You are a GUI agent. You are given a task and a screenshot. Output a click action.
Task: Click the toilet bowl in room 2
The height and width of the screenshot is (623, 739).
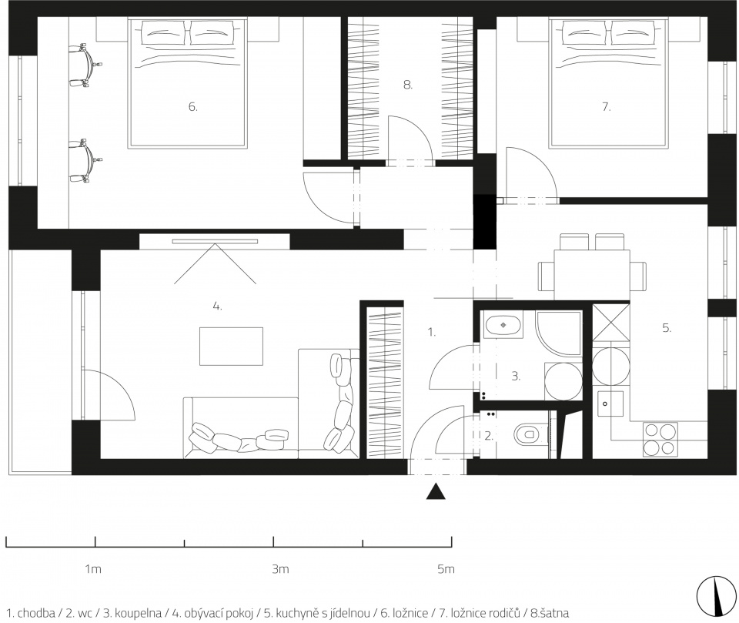coord(526,434)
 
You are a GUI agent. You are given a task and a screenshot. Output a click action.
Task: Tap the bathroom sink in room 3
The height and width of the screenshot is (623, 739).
coord(503,324)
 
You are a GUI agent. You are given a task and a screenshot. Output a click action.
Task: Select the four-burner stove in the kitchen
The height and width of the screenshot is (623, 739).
coord(660,440)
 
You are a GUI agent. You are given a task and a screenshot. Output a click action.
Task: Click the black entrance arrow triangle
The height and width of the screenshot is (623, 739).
coord(436,491)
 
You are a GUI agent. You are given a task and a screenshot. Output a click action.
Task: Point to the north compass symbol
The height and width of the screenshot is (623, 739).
coord(717,595)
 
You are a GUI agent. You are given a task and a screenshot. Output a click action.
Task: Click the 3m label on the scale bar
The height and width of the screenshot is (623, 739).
coord(280,569)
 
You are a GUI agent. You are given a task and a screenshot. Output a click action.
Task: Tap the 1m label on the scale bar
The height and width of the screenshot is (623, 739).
coord(93,569)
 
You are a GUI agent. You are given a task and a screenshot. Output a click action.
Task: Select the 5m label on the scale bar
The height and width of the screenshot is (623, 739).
coord(446,569)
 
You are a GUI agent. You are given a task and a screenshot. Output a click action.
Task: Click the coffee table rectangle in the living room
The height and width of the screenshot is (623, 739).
coord(231,347)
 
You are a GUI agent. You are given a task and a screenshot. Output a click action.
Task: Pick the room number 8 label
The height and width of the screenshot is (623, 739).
coord(408,85)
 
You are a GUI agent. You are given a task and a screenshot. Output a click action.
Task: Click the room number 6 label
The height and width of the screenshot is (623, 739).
coord(192,107)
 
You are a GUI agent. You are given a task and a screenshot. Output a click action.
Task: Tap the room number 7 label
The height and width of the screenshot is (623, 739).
coord(606,107)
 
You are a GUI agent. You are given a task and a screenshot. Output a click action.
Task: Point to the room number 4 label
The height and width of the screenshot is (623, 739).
coord(217,306)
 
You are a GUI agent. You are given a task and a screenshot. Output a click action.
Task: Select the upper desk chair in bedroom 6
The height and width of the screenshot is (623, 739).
coord(85,65)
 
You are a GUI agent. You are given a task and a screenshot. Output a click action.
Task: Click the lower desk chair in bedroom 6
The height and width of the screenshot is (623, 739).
coord(85,161)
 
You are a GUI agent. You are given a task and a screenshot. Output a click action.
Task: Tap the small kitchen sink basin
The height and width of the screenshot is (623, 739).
coord(610,404)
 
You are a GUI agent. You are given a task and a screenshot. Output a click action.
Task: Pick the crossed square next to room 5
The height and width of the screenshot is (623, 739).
coord(610,323)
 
